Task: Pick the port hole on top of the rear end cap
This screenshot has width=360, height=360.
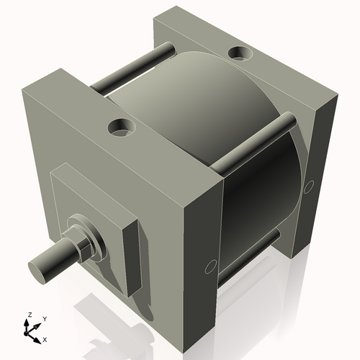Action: [238, 53]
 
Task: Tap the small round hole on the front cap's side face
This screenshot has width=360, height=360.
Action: [210, 267]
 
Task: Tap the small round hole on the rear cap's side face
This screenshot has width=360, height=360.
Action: [309, 186]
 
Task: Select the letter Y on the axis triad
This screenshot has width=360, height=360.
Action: [45, 318]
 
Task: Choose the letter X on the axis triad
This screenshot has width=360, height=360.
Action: [45, 338]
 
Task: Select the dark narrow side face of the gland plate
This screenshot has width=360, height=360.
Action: [132, 256]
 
